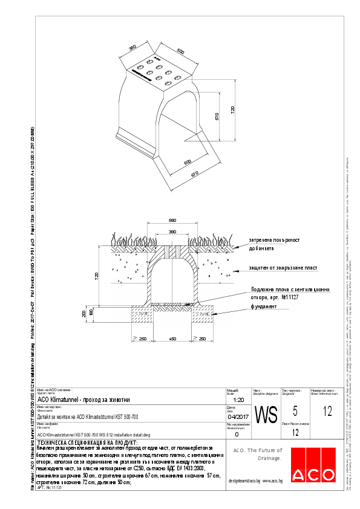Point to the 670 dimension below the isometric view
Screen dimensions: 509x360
click(195, 174)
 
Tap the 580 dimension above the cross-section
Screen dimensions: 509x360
click(172, 221)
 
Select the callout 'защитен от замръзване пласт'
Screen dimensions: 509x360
click(283, 267)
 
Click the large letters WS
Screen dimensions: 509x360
click(266, 415)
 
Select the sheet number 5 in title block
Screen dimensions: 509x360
click(295, 412)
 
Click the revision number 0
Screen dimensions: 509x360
click(237, 434)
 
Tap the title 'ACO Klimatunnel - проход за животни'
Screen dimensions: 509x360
click(83, 400)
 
